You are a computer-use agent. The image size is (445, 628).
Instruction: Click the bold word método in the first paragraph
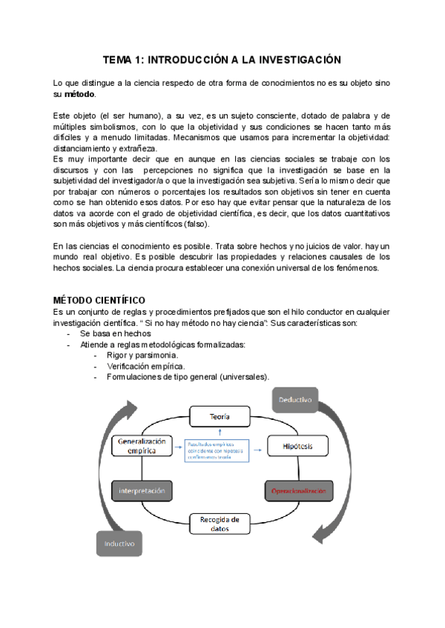click(79, 95)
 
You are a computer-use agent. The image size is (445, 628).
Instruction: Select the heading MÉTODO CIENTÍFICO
click(104, 300)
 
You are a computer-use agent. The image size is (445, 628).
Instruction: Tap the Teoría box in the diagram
click(219, 417)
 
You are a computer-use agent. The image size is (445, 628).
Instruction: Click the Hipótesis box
click(297, 446)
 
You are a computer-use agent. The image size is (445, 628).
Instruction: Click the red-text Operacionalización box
click(298, 490)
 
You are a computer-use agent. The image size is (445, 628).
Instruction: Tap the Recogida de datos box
click(220, 524)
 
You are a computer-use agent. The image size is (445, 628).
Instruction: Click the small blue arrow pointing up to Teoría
click(220, 432)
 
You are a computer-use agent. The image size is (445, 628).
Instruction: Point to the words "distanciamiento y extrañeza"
click(105, 148)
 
